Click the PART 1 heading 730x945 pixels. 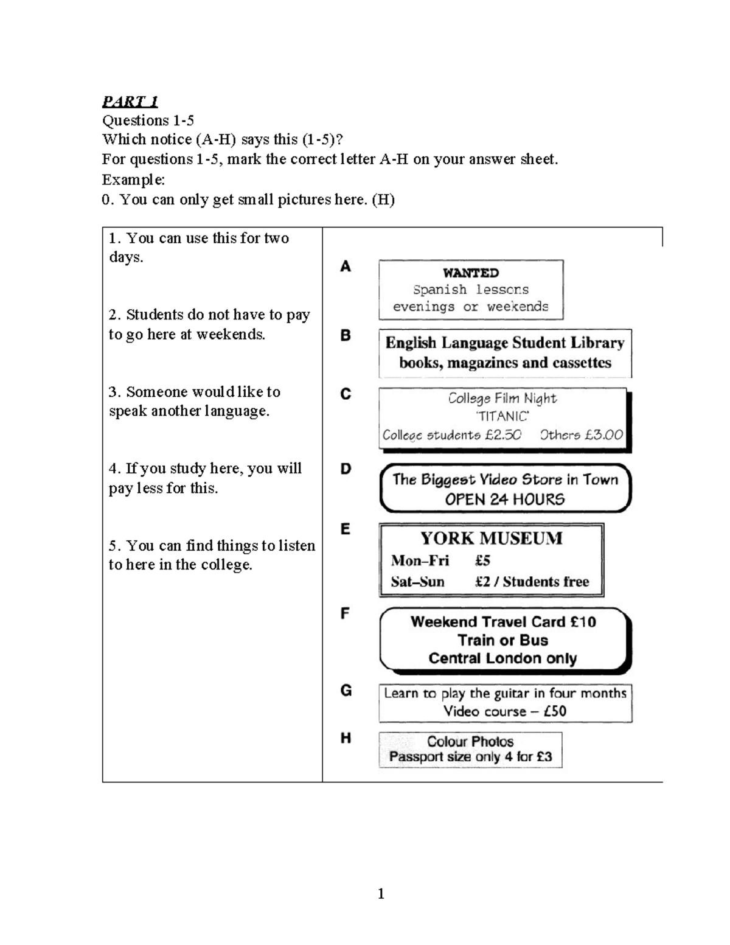130,101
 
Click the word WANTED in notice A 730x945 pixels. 471,273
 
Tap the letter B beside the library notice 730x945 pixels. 346,335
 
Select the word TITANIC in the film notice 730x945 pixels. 502,416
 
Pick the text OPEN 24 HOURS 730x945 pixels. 505,500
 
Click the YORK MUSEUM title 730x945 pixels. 492,538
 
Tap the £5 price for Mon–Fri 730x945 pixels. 482,560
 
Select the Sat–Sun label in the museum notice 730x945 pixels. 417,582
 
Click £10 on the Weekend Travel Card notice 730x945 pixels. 583,622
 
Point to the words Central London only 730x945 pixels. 502,658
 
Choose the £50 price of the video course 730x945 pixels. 555,711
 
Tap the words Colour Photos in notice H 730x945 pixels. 470,741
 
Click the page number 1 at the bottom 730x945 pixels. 381,893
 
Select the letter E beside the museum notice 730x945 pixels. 346,529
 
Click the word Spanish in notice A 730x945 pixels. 440,290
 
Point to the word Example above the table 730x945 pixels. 132,180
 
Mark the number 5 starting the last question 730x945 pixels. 113,546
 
